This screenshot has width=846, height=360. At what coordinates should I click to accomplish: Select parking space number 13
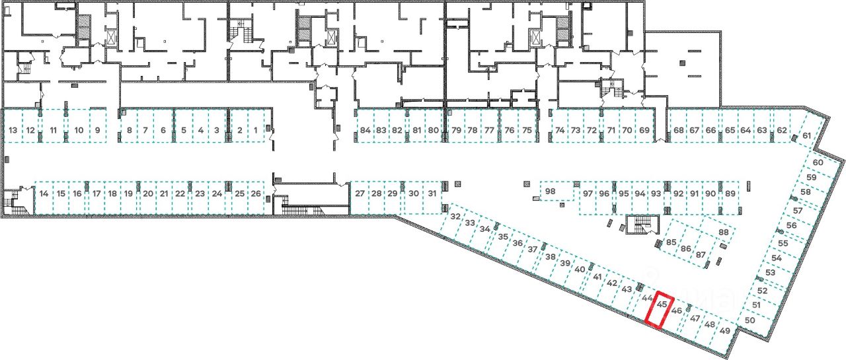pyautogui.click(x=13, y=130)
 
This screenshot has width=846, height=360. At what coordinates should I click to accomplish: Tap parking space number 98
pyautogui.click(x=551, y=192)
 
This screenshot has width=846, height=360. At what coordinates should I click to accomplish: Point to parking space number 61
pyautogui.click(x=806, y=136)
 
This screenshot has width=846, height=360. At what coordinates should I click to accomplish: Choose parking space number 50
pyautogui.click(x=750, y=320)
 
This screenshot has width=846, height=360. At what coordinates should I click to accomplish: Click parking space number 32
pyautogui.click(x=455, y=217)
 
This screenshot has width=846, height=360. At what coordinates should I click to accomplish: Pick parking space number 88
pyautogui.click(x=723, y=233)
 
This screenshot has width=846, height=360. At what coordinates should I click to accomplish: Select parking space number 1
pyautogui.click(x=256, y=130)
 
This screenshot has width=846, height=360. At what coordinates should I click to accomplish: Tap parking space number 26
pyautogui.click(x=256, y=194)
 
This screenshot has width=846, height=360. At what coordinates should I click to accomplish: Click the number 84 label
pyautogui.click(x=365, y=130)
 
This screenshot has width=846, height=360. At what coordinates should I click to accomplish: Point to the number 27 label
pyautogui.click(x=360, y=194)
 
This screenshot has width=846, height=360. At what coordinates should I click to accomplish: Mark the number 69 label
pyautogui.click(x=644, y=130)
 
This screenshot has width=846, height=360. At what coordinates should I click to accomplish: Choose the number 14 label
pyautogui.click(x=44, y=194)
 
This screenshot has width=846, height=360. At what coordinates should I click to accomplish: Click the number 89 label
pyautogui.click(x=730, y=194)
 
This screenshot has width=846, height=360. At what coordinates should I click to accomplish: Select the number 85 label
pyautogui.click(x=672, y=242)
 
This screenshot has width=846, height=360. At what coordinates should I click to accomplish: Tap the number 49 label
pyautogui.click(x=725, y=331)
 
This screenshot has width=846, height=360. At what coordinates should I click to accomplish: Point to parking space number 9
pyautogui.click(x=97, y=130)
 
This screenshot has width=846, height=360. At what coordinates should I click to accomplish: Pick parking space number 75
pyautogui.click(x=527, y=130)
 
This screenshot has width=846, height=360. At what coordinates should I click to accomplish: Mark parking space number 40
pyautogui.click(x=580, y=270)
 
